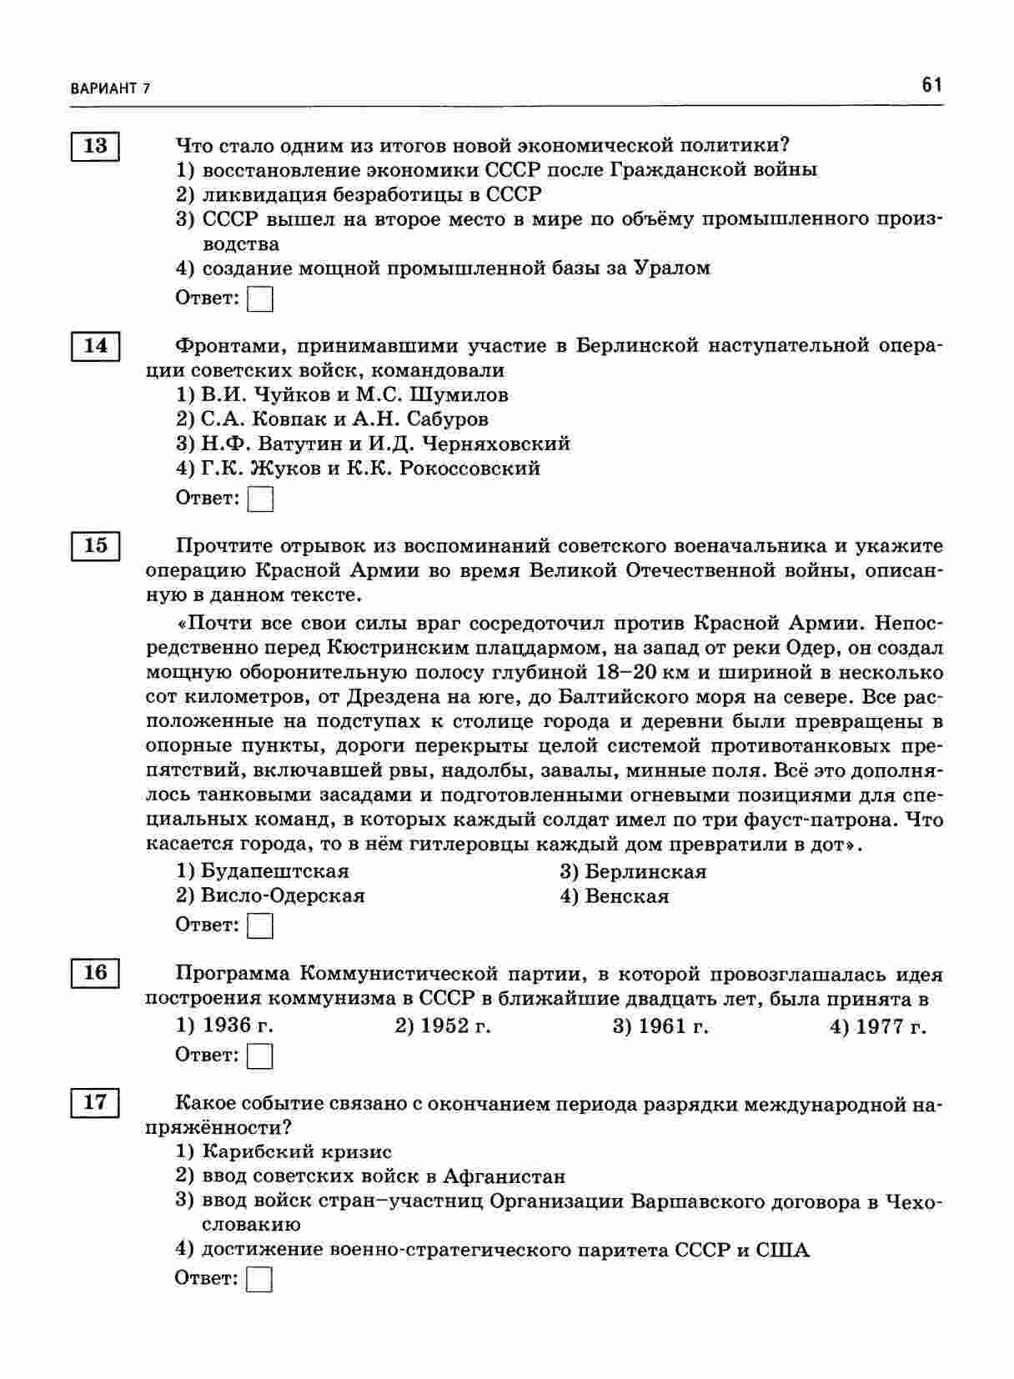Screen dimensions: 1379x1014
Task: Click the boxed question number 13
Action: click(x=95, y=146)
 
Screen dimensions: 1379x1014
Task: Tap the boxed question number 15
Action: click(x=95, y=546)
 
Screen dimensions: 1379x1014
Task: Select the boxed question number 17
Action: click(x=95, y=1102)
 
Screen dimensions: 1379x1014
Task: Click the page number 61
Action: click(x=931, y=85)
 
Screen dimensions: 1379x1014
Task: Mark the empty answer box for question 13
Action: click(x=261, y=298)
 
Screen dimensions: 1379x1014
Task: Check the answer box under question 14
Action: click(x=261, y=499)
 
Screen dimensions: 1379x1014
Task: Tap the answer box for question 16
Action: click(x=261, y=1056)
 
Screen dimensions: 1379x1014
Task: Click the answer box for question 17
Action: click(x=261, y=1279)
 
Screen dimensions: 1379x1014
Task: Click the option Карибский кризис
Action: click(x=296, y=1152)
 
